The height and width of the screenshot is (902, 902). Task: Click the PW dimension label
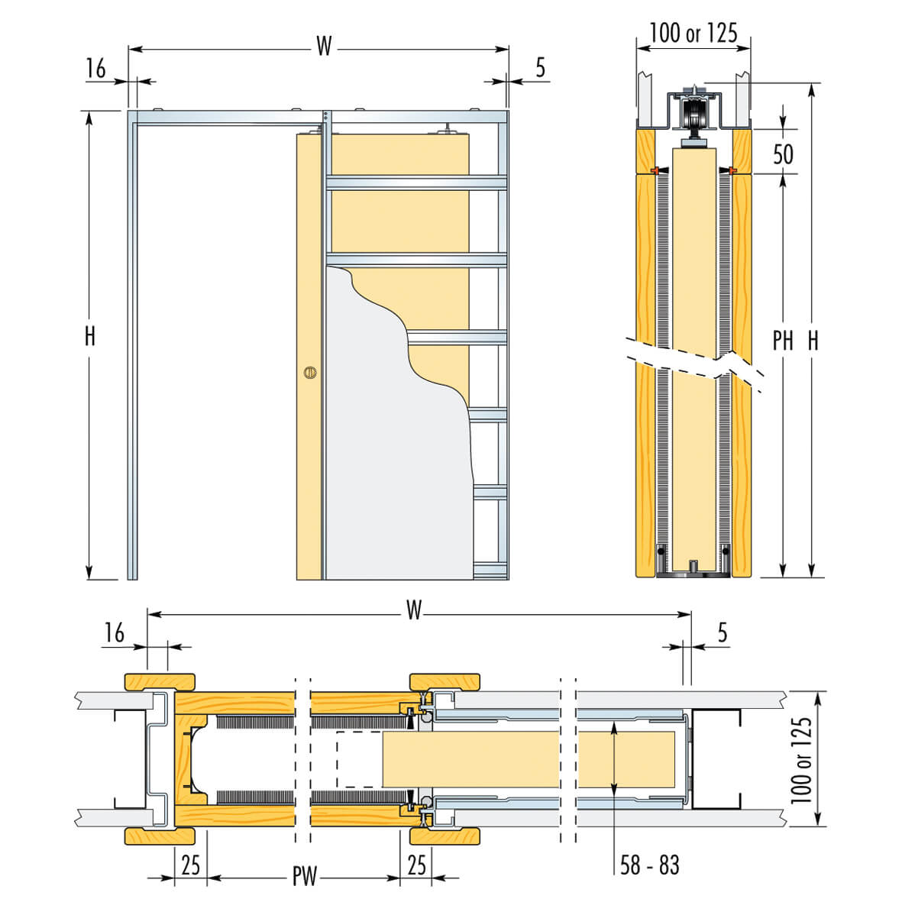coord(304,876)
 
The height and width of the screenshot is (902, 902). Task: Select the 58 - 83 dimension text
coord(649,865)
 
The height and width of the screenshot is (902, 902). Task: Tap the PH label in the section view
coord(783,341)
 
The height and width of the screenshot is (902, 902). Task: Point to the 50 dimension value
coord(783,154)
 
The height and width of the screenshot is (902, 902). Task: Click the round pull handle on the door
coord(309,373)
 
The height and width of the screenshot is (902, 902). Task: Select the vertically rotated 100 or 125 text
coord(801,760)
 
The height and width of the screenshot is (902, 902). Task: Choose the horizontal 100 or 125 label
coord(693,32)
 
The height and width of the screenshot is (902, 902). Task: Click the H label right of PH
coord(813,341)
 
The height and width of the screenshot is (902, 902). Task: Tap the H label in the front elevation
coord(90,336)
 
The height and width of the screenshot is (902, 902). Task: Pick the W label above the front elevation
coord(325,47)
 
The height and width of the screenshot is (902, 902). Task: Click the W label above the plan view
coord(413,610)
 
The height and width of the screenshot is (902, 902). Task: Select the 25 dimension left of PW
coord(190,865)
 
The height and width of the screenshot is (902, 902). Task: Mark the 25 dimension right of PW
coord(416,865)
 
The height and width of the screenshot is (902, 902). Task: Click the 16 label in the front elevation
coord(95,69)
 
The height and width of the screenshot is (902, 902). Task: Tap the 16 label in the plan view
coord(114,632)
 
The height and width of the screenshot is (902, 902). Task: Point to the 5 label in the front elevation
coord(541,68)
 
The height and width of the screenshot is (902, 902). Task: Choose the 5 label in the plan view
coord(722,632)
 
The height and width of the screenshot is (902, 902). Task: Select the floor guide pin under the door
coord(693,566)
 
